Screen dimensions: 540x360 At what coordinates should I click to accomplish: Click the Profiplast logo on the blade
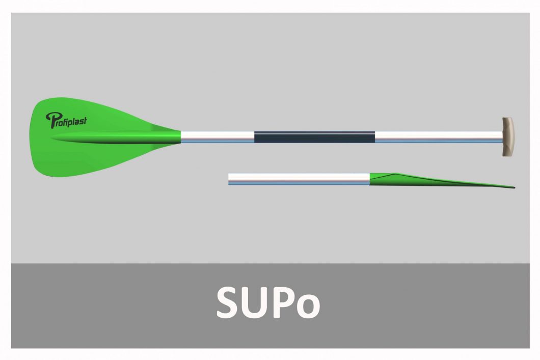tap(66, 121)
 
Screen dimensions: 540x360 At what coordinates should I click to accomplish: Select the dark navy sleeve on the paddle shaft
tap(314, 137)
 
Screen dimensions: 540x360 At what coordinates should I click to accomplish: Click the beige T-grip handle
tap(508, 137)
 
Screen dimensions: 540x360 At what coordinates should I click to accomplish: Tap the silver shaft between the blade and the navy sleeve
tap(218, 137)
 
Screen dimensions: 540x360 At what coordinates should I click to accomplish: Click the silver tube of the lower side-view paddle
tap(299, 179)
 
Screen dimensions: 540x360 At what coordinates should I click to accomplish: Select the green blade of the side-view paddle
tap(441, 180)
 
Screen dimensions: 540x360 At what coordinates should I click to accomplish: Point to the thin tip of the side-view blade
tap(514, 187)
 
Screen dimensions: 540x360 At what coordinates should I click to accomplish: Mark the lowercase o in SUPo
tap(309, 307)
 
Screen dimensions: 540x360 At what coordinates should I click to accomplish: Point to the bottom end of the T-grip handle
tap(508, 156)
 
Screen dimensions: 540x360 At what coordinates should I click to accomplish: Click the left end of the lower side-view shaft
tap(229, 179)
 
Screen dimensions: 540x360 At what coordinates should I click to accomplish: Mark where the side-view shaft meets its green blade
tap(370, 179)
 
